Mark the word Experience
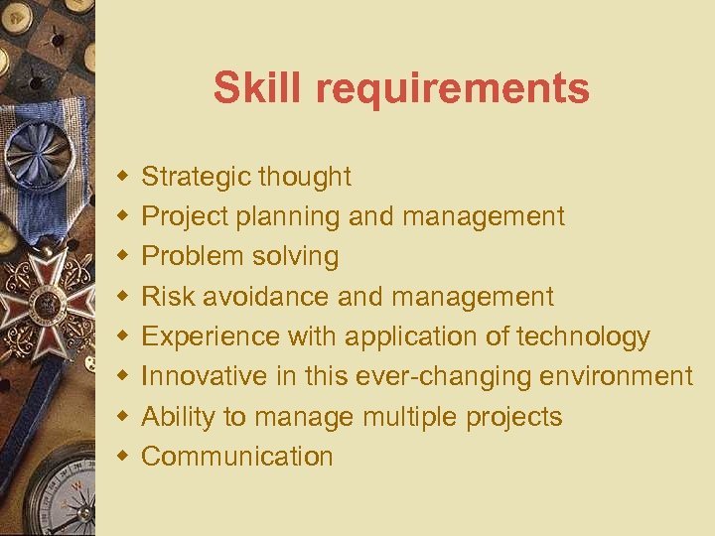pos(211,337)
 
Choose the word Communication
pos(237,457)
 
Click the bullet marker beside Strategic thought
pos(122,177)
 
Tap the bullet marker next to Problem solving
pos(122,257)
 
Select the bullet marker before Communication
pos(122,457)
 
